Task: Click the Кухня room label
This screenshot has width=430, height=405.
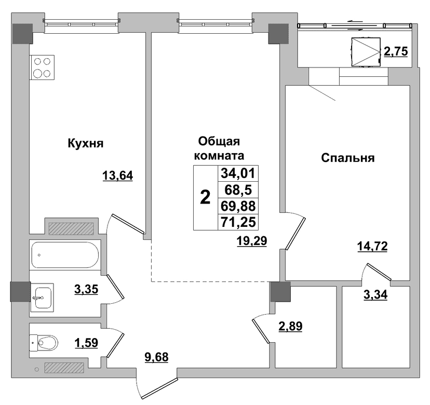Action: (86, 143)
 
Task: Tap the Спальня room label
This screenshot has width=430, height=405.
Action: (348, 158)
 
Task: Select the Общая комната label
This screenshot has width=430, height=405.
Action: (219, 148)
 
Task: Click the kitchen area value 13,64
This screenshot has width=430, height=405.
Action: (118, 176)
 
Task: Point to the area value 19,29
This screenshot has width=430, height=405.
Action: (252, 241)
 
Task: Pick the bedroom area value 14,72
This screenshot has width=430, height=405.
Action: (372, 246)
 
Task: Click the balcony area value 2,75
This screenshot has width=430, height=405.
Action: (396, 51)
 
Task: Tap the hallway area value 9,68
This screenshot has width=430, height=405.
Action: (156, 357)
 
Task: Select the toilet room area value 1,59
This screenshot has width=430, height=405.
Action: (86, 343)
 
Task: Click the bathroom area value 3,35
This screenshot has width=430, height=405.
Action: (86, 289)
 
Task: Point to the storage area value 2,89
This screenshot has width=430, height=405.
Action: (290, 326)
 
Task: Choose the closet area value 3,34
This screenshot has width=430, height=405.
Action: (375, 295)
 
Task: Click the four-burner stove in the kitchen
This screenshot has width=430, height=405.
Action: (42, 67)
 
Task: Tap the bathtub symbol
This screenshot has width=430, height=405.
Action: (65, 255)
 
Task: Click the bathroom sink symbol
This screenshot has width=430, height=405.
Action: (42, 298)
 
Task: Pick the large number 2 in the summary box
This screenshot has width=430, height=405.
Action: (205, 197)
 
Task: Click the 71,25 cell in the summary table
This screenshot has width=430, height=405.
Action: (238, 222)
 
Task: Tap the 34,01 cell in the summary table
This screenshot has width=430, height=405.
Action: (238, 173)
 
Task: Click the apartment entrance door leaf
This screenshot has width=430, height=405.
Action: (159, 388)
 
